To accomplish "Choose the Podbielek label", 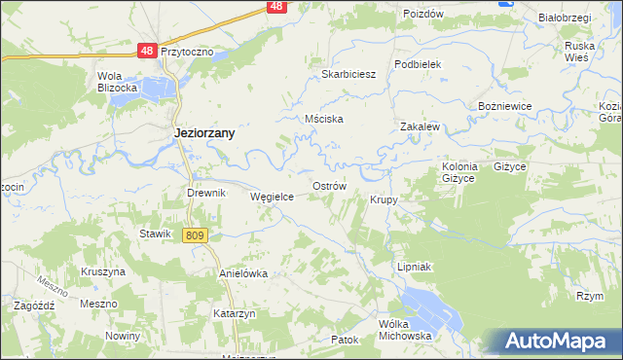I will click(x=419, y=63).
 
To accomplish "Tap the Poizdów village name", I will click(x=422, y=14).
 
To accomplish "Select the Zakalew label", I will click(x=421, y=126).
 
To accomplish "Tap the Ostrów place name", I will click(x=329, y=185).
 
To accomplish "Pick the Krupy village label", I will click(x=385, y=199).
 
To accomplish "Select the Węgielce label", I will click(x=273, y=196).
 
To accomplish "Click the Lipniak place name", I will click(x=415, y=266).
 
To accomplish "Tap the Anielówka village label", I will click(x=243, y=273).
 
